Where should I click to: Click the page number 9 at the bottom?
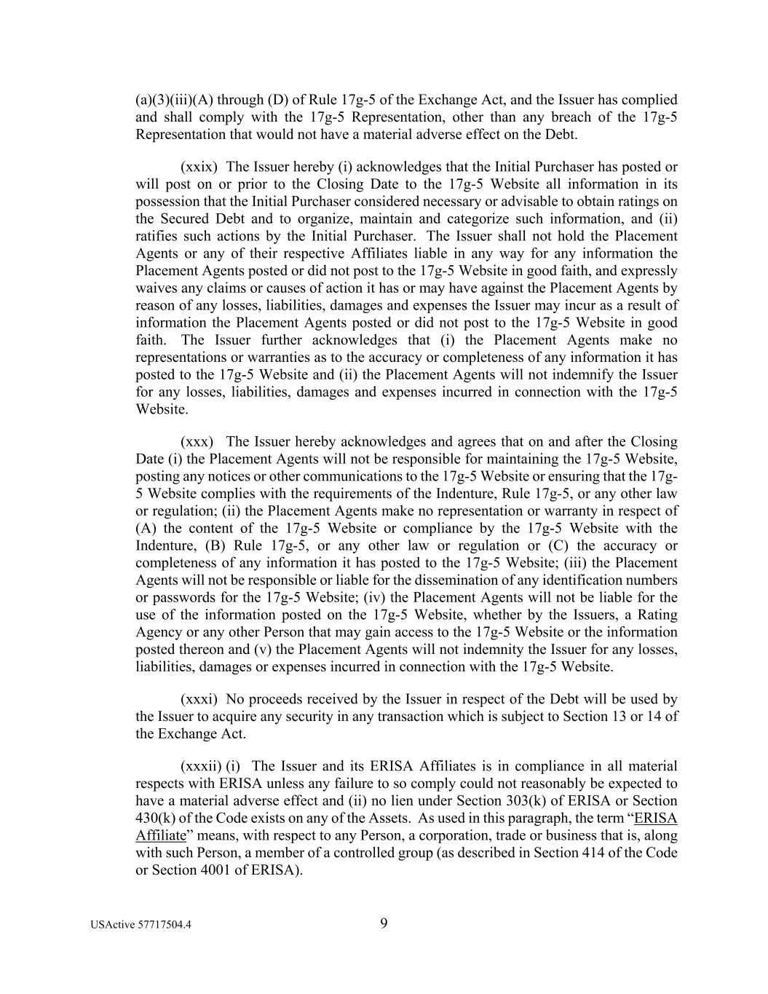click(384, 924)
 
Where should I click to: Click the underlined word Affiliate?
click(161, 835)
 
